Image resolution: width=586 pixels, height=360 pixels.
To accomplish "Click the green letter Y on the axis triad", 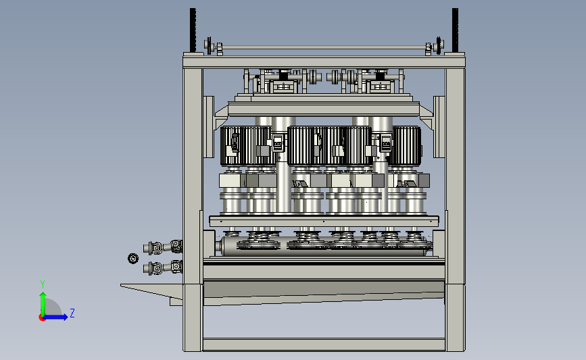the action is (x=43, y=284).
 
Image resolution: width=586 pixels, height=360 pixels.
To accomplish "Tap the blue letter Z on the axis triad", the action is (x=72, y=313).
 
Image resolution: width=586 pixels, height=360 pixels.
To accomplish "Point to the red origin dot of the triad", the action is (x=42, y=318).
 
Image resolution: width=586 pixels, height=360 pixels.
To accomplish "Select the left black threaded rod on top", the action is (x=193, y=30).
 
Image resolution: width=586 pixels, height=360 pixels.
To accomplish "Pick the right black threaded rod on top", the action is (x=455, y=30).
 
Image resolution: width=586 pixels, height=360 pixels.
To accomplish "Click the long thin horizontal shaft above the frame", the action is (x=324, y=47).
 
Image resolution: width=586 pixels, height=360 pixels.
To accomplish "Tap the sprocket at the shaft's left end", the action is (x=207, y=45).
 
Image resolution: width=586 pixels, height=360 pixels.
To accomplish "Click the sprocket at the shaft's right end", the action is (x=439, y=45).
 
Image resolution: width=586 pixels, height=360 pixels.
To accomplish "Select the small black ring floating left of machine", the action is (x=133, y=258).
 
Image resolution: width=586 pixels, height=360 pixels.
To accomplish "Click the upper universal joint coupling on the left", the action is (x=163, y=247).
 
